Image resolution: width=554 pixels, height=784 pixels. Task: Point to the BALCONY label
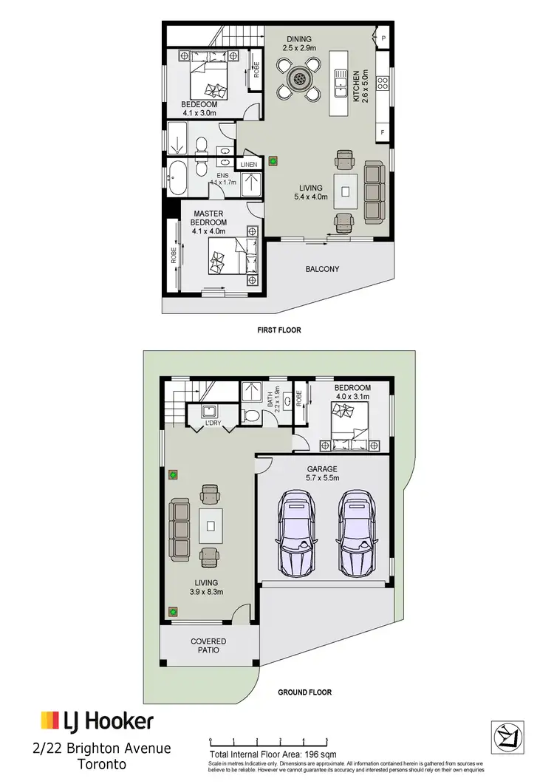tap(322, 269)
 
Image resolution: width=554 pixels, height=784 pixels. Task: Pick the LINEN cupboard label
tap(247, 164)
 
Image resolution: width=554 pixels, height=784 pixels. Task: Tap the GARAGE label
tap(322, 468)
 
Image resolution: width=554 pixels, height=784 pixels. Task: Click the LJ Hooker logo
tap(97, 721)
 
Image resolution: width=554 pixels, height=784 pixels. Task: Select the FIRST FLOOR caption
tap(279, 330)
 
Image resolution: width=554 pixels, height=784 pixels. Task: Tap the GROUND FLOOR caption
tap(304, 692)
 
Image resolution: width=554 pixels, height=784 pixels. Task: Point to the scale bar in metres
tap(267, 740)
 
